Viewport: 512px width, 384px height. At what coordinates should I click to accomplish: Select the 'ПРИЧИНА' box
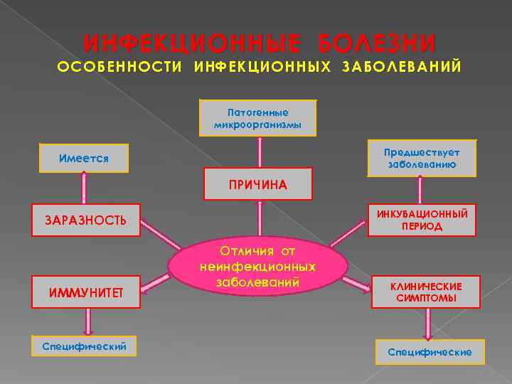point(258,184)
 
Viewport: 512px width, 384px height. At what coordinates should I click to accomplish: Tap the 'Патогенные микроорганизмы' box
point(258,117)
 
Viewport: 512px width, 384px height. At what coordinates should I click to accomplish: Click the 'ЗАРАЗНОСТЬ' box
point(87,220)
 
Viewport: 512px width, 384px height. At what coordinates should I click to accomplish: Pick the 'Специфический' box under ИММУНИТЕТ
point(85,346)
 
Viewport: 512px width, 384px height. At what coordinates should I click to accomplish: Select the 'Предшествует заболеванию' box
point(421,158)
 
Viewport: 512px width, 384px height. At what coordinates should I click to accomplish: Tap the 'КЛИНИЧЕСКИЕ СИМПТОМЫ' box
point(425,292)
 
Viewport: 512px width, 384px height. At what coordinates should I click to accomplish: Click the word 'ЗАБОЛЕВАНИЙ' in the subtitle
point(402,66)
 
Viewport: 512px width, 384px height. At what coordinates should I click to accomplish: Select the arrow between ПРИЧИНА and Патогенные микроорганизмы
point(259,151)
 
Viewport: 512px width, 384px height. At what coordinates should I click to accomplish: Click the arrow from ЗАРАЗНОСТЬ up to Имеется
point(85,188)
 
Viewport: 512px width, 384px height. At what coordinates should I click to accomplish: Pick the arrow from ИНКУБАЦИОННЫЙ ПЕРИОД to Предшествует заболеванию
point(421,190)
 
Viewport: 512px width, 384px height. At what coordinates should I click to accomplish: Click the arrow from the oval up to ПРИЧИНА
point(259,220)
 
